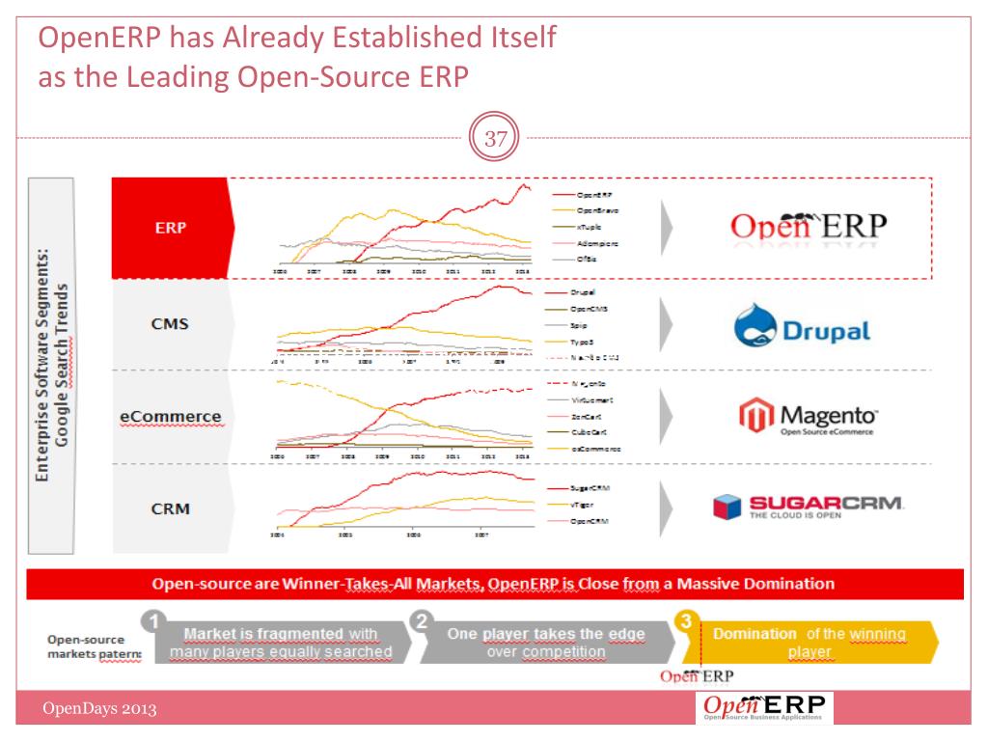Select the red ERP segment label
(171, 229)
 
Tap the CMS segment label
(170, 323)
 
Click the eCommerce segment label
(171, 417)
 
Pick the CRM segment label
(170, 508)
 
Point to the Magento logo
(809, 416)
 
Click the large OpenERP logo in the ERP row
(808, 226)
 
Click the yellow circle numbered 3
(686, 622)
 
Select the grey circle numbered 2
(421, 622)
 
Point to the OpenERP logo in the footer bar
(765, 708)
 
